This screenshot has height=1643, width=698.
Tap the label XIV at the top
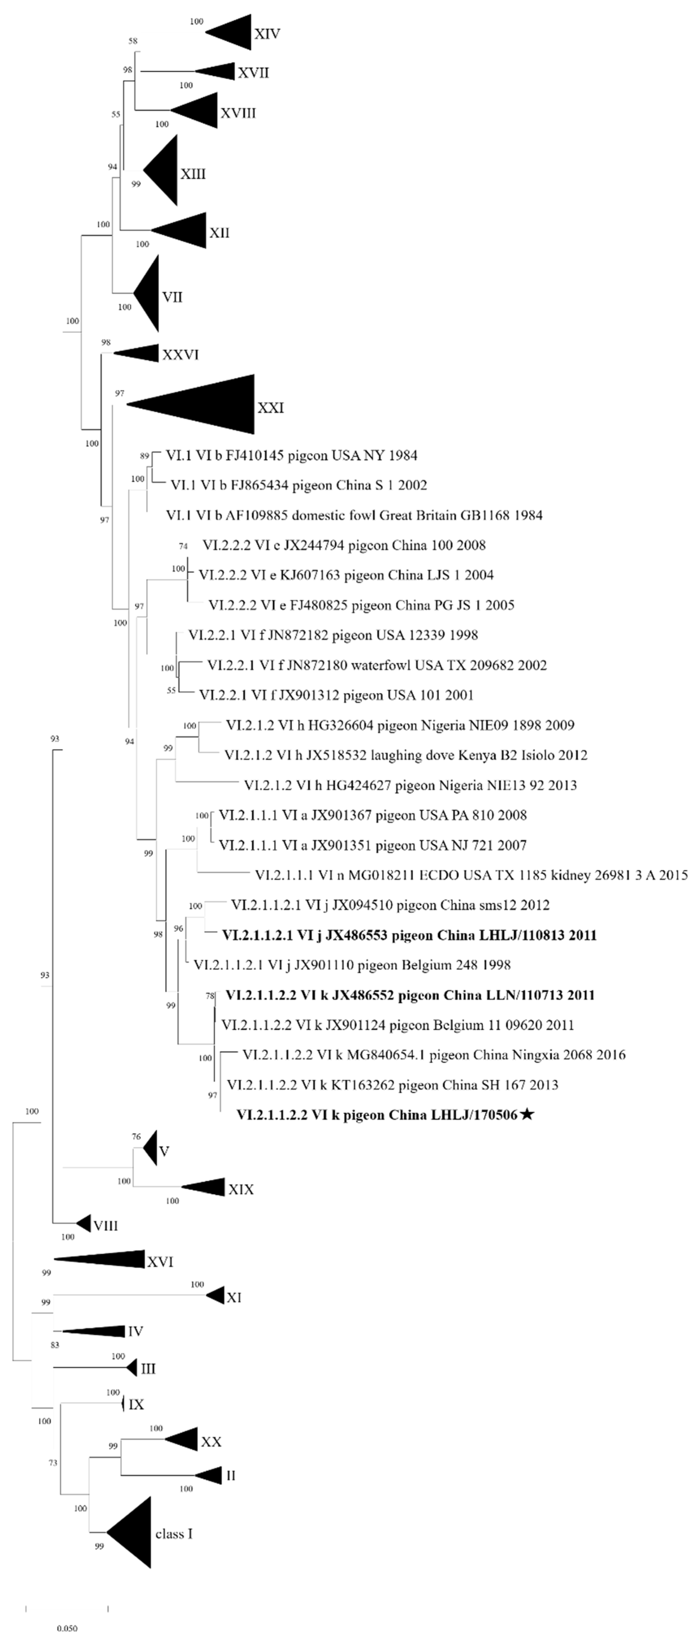tap(267, 33)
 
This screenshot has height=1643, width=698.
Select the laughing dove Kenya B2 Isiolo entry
tap(406, 755)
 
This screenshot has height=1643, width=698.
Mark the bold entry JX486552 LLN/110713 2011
tap(410, 995)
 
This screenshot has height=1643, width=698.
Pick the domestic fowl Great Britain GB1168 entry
tap(354, 515)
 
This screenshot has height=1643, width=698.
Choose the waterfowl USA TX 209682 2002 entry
tap(377, 665)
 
